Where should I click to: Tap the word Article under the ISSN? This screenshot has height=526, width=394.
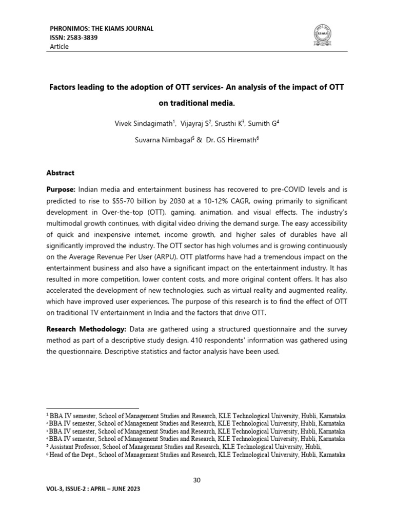[59, 47]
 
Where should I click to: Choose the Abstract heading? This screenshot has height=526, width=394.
[61, 173]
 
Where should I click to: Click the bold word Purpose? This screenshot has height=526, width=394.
[62, 191]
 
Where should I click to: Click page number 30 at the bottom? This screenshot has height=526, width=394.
[197, 480]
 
